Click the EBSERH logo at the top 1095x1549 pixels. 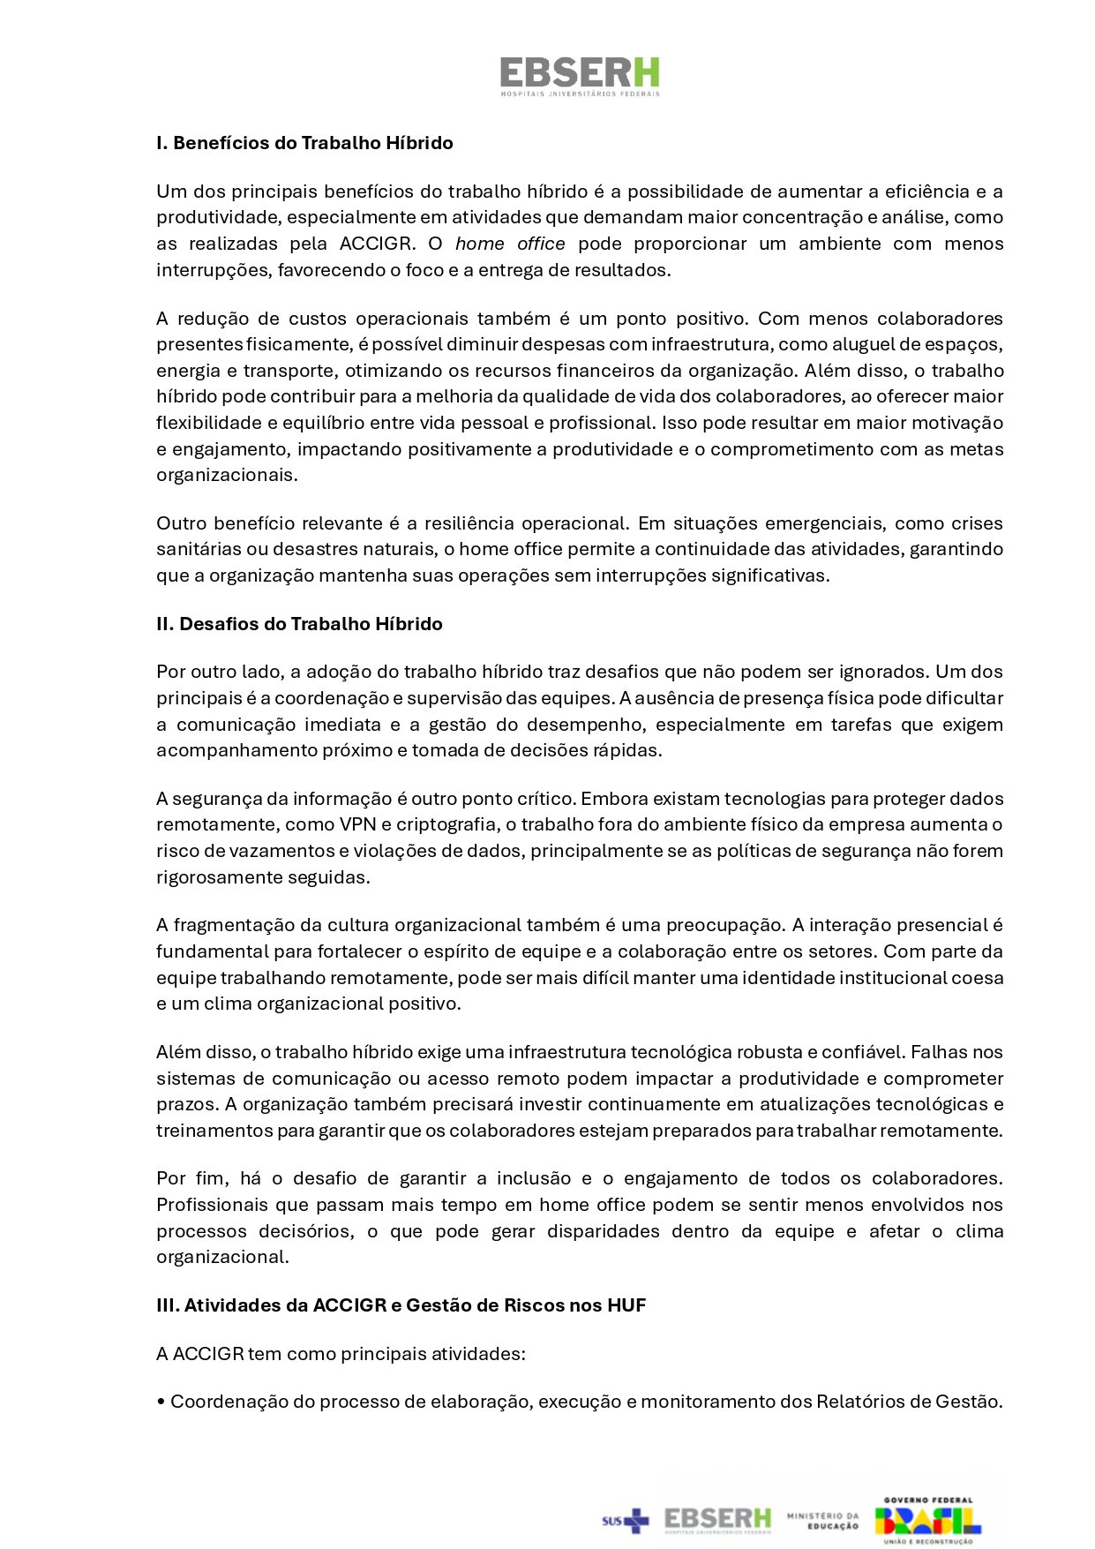(579, 75)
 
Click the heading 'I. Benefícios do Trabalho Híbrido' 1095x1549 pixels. (304, 143)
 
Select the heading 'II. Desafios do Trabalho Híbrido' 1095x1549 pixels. (299, 624)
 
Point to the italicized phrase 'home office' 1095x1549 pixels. (510, 244)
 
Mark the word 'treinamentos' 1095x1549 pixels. (211, 1131)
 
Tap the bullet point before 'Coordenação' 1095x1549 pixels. (161, 1402)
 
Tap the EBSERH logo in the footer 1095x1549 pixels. (717, 1519)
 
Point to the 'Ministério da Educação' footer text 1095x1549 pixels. (823, 1520)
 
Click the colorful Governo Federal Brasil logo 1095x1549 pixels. (927, 1519)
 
